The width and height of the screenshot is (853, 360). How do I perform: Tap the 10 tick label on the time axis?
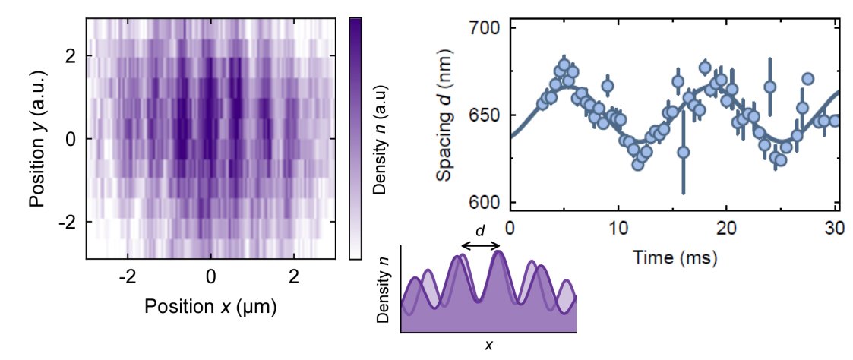(618, 228)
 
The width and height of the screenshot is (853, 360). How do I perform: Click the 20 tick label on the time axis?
(727, 228)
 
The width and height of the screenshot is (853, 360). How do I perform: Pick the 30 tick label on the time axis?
(834, 228)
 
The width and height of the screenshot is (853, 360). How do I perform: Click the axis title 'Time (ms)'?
(672, 257)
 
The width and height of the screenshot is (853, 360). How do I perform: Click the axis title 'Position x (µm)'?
(210, 307)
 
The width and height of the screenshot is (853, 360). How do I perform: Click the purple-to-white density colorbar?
(355, 138)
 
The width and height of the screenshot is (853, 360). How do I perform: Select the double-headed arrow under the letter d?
(480, 245)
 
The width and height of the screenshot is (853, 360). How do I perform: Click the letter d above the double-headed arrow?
(481, 230)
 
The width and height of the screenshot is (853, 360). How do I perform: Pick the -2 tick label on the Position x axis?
(128, 279)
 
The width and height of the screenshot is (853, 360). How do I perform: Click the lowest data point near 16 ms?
(683, 152)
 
